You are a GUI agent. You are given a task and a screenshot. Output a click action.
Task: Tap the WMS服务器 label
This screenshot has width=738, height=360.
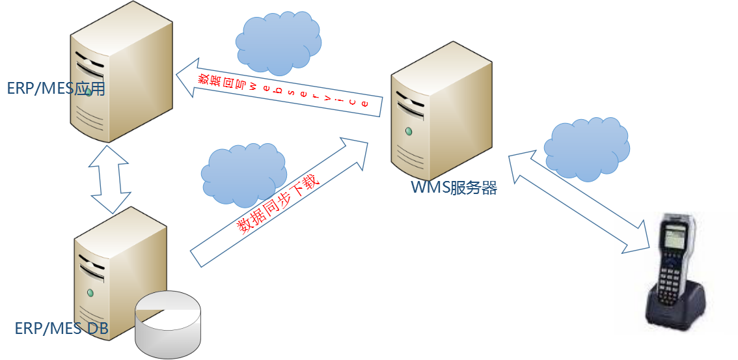coord(454,189)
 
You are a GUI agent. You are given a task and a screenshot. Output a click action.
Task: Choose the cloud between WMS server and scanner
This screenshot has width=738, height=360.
coord(586,149)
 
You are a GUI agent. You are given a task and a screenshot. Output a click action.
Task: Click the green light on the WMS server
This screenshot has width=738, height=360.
coord(408,132)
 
